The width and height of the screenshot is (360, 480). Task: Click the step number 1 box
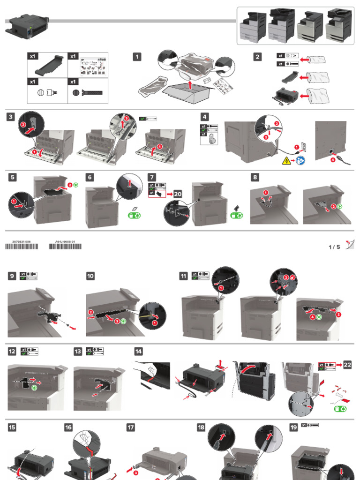pyautogui.click(x=137, y=57)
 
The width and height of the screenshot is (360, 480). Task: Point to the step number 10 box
pyautogui.click(x=90, y=276)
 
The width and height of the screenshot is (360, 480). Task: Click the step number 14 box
pyautogui.click(x=139, y=351)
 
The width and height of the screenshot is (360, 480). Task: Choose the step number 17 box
pyautogui.click(x=131, y=427)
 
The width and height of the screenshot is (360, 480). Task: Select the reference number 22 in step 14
pyautogui.click(x=346, y=365)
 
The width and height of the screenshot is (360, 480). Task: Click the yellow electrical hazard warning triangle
pyautogui.click(x=285, y=161)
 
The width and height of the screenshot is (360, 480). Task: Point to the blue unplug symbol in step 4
pyautogui.click(x=302, y=161)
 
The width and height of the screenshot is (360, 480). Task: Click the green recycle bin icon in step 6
pyautogui.click(x=134, y=215)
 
